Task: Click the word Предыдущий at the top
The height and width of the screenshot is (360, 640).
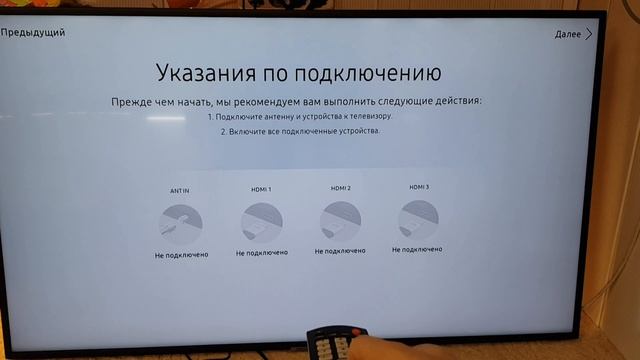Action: [33, 32]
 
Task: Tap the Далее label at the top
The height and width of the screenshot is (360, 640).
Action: [567, 35]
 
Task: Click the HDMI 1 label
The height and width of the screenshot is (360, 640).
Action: [262, 189]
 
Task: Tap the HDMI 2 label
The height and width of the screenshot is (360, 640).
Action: [341, 188]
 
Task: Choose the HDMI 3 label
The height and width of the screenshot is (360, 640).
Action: [419, 187]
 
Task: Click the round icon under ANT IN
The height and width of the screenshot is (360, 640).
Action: [181, 222]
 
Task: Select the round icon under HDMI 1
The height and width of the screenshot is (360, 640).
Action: [262, 221]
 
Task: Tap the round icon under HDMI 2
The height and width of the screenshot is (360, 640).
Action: [340, 220]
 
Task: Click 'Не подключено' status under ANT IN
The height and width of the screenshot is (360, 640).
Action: [181, 255]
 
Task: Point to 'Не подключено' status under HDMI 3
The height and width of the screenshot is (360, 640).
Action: [419, 249]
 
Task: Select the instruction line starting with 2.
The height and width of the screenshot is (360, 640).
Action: [300, 132]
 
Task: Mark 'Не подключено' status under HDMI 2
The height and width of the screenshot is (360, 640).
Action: [341, 251]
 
